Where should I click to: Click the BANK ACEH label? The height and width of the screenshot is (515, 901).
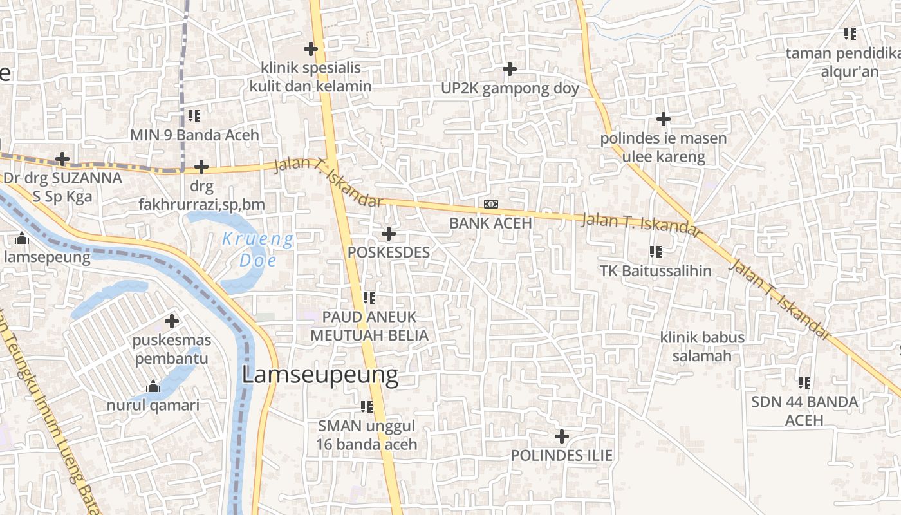(x=490, y=223)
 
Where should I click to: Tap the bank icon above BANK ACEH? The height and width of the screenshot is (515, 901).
(x=491, y=204)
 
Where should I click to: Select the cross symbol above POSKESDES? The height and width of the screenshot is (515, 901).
(x=389, y=234)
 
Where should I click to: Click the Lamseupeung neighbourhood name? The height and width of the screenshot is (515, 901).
(x=320, y=375)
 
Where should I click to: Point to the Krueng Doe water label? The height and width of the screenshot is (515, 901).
(x=257, y=250)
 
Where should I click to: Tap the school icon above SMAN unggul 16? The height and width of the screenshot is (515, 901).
(x=367, y=407)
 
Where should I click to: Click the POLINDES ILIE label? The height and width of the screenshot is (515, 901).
(x=561, y=456)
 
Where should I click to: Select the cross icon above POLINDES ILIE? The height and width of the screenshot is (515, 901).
(x=562, y=437)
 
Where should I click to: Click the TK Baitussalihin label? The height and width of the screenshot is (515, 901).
(x=655, y=271)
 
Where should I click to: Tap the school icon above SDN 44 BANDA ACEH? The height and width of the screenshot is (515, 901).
(x=804, y=383)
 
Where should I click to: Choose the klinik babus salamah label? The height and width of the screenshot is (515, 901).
(x=701, y=346)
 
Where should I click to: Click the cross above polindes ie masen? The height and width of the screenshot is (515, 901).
(x=663, y=119)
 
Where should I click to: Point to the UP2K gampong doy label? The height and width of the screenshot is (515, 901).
(x=510, y=89)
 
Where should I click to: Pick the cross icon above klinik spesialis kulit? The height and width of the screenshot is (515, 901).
(x=311, y=49)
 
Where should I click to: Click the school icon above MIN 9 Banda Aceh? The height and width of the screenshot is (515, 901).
(x=194, y=117)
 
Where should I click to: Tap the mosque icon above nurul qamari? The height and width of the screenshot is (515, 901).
(x=153, y=387)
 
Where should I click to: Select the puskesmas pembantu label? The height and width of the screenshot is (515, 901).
(x=171, y=349)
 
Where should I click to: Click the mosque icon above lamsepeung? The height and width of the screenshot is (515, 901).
(x=23, y=239)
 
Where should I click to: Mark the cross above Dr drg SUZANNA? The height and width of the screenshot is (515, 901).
(x=62, y=158)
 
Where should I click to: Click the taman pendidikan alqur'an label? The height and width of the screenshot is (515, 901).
(x=850, y=62)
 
